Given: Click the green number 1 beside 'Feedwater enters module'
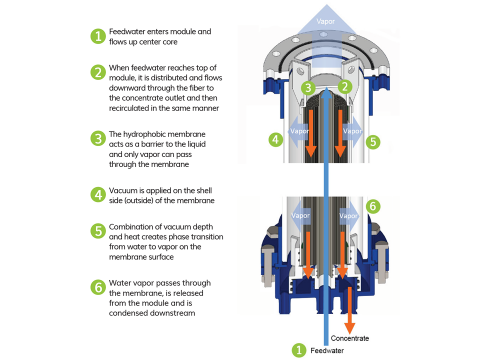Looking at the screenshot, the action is point(98,36).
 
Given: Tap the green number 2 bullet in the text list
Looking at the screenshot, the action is point(98,72).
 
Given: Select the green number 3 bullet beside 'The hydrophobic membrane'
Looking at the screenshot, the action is point(98,138).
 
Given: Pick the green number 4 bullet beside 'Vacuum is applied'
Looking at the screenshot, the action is point(98,195).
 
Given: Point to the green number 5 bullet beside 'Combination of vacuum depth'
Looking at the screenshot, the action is point(98,231).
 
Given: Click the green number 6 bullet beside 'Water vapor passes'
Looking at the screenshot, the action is point(98,287).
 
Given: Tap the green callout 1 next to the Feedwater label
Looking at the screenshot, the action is point(299,350).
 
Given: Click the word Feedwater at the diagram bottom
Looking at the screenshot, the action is point(327,350).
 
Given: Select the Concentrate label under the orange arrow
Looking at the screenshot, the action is point(350,338).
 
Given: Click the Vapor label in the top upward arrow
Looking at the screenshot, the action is point(326,22).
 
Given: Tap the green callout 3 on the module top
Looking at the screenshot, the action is point(308,88).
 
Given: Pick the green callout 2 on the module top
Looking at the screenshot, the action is point(345,87).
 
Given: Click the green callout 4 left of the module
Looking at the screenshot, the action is point(276,139).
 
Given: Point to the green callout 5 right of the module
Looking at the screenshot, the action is point(373,142).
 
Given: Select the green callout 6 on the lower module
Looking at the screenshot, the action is point(373,206).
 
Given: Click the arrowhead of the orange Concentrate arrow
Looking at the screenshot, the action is point(349,328).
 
